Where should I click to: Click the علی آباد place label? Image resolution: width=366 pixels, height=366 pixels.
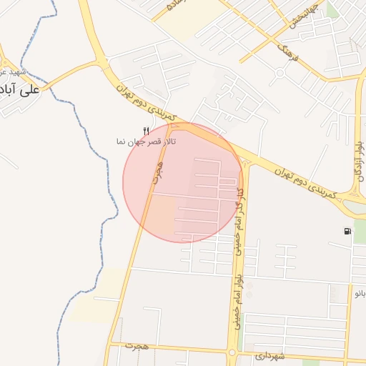click(19, 91)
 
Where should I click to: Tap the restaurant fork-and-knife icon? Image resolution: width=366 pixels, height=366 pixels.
click(147, 131)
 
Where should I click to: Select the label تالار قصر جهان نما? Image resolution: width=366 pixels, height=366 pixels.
click(147, 142)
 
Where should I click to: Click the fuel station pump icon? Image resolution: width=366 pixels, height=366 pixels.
click(347, 231)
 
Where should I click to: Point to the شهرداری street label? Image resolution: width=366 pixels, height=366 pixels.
click(270, 356)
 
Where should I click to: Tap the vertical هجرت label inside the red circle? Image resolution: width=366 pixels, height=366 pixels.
click(155, 172)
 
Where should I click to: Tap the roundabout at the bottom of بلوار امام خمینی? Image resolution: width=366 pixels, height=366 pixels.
click(232, 352)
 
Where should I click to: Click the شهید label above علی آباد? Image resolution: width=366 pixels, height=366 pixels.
click(14, 72)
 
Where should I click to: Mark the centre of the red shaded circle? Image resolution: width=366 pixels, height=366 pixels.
click(183, 182)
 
